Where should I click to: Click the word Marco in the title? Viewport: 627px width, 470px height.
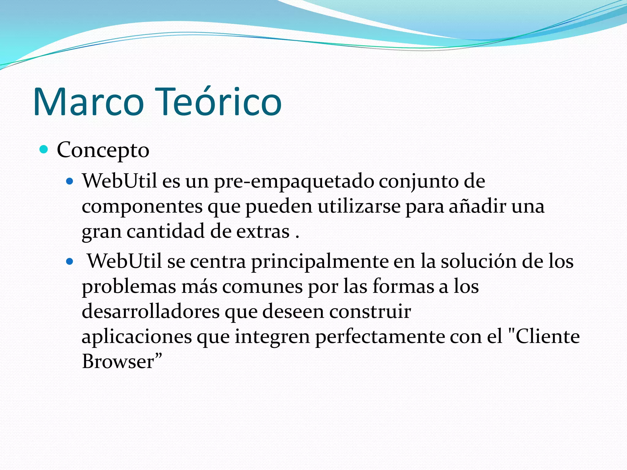pyautogui.click(x=88, y=102)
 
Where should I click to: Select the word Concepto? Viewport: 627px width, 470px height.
pyautogui.click(x=103, y=150)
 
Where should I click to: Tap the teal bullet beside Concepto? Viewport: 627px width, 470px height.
pyautogui.click(x=44, y=150)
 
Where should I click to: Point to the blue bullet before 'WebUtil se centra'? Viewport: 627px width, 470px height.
pyautogui.click(x=70, y=262)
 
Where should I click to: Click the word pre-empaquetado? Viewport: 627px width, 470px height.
pyautogui.click(x=294, y=181)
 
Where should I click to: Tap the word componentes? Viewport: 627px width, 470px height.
pyautogui.click(x=142, y=207)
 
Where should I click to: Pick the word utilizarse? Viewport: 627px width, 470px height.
pyautogui.click(x=359, y=206)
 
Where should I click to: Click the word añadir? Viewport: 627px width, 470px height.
pyautogui.click(x=478, y=206)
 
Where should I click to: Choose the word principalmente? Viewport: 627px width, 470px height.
pyautogui.click(x=320, y=262)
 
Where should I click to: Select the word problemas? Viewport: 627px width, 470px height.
pyautogui.click(x=129, y=287)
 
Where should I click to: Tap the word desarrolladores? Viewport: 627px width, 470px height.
pyautogui.click(x=151, y=311)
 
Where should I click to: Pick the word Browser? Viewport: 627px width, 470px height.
pyautogui.click(x=118, y=362)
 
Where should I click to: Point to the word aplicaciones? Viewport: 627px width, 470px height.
pyautogui.click(x=137, y=337)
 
